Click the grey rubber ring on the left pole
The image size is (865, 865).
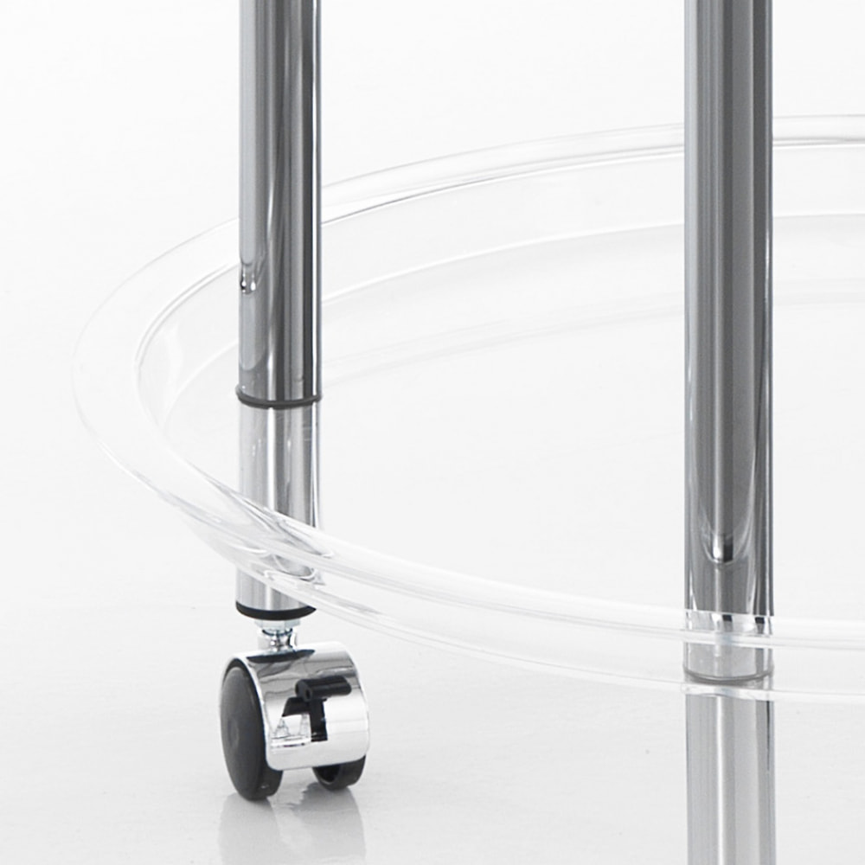click(278, 399)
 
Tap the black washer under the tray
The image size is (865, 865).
click(276, 612)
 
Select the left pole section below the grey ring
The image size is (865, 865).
click(277, 467)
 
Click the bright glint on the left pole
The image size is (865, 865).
click(248, 277)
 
